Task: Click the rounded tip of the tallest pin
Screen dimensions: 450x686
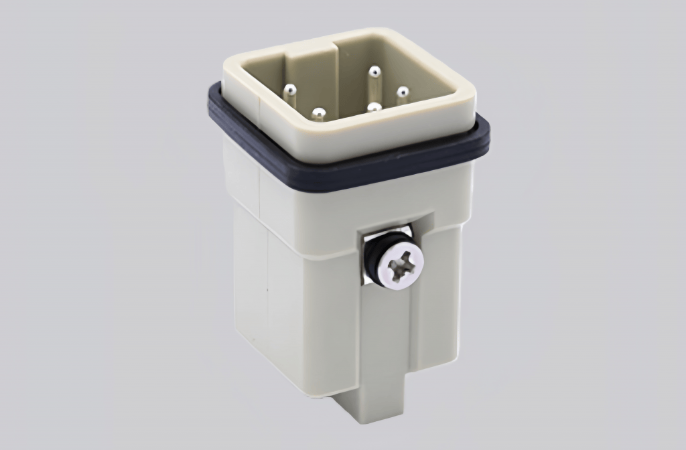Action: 374,71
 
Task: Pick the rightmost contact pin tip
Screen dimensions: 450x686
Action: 402,92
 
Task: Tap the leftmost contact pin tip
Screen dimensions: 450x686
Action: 290,89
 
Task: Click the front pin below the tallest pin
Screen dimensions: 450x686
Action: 374,107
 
